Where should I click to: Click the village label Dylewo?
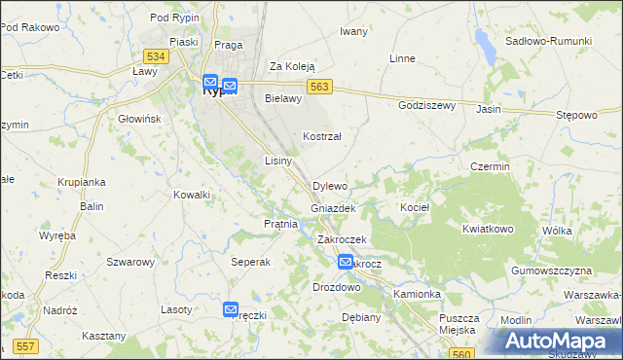(330, 186)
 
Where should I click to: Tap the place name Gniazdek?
(333, 208)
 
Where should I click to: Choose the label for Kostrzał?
(322, 137)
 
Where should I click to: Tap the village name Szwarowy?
(130, 262)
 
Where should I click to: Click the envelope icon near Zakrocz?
(346, 262)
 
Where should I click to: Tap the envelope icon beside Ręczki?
(231, 309)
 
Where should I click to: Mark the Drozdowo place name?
(337, 288)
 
